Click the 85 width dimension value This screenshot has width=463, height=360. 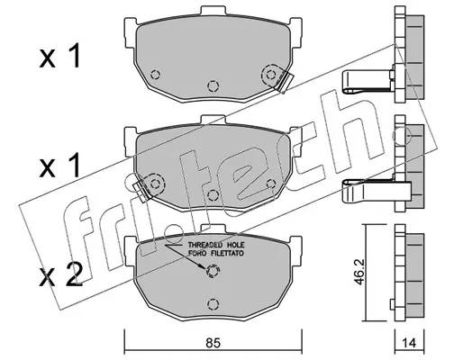click(x=213, y=342)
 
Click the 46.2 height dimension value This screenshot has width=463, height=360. click(x=359, y=273)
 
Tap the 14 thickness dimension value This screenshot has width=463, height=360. click(x=409, y=343)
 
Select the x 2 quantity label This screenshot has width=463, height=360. click(x=61, y=274)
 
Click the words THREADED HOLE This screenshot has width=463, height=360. click(x=216, y=245)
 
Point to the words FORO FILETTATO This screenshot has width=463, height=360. click(x=216, y=254)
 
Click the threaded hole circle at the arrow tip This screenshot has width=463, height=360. click(x=213, y=272)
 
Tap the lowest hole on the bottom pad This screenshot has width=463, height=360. click(x=213, y=304)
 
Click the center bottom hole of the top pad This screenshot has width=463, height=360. click(x=213, y=86)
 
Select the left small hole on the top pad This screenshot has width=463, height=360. click(x=155, y=75)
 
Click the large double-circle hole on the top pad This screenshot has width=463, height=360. click(x=271, y=75)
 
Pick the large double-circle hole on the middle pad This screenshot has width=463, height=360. click(x=155, y=184)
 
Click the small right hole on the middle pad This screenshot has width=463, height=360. click(x=271, y=184)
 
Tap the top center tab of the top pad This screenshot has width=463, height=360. click(x=213, y=11)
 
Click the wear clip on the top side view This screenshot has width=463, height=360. click(x=368, y=81)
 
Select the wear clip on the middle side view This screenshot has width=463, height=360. click(x=377, y=191)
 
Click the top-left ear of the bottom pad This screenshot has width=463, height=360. click(x=131, y=250)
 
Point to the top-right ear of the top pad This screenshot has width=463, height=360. click(x=295, y=32)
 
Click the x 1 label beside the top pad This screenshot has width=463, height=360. click(x=60, y=56)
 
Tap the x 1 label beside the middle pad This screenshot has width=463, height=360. click(x=60, y=166)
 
